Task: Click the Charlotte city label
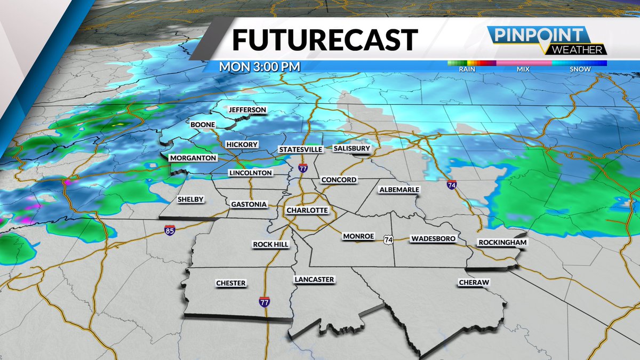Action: (x=307, y=210)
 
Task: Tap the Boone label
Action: (x=203, y=125)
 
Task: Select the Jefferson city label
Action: (x=247, y=110)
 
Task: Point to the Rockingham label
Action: (x=502, y=242)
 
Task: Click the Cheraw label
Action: (x=474, y=283)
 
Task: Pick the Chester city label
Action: (x=231, y=283)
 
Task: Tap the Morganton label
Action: (x=193, y=158)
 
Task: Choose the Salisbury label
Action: (x=351, y=148)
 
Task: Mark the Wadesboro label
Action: (x=433, y=239)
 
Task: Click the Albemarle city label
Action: (x=399, y=190)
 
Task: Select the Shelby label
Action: (x=190, y=199)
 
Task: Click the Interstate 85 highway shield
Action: (x=169, y=230)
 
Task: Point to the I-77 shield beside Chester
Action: (x=264, y=302)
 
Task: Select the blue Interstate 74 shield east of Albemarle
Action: (x=452, y=186)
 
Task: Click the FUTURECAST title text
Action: (x=325, y=40)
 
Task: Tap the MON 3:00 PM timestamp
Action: (x=260, y=67)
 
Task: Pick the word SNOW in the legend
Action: (x=580, y=69)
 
